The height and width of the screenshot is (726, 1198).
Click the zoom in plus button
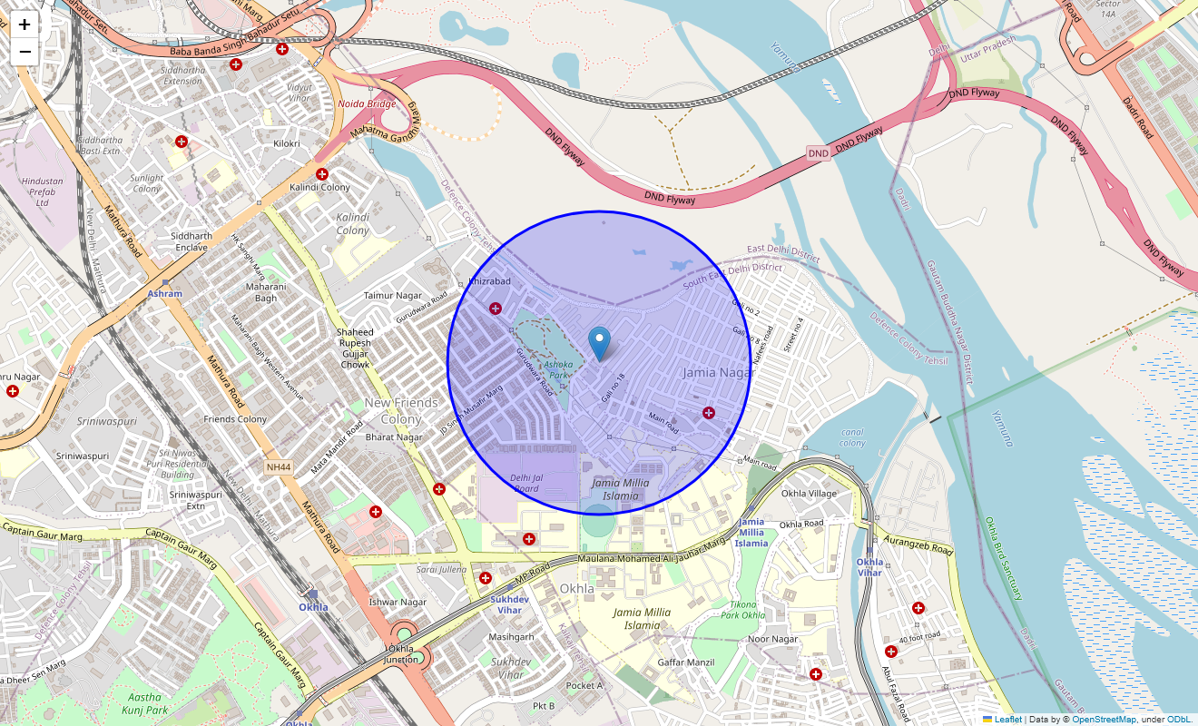pyautogui.click(x=25, y=25)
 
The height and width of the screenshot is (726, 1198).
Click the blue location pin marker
pyautogui.click(x=599, y=344)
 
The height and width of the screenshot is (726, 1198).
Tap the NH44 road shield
pyautogui.click(x=279, y=466)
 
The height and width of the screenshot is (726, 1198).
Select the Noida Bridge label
pyautogui.click(x=367, y=103)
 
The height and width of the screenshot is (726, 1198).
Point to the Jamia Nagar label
pyautogui.click(x=718, y=372)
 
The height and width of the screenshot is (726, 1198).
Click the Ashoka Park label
pyautogui.click(x=559, y=369)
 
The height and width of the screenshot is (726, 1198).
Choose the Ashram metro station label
pyautogui.click(x=165, y=293)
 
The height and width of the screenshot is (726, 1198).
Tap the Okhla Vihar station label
pyautogui.click(x=869, y=566)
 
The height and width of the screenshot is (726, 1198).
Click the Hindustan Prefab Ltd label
pyautogui.click(x=43, y=191)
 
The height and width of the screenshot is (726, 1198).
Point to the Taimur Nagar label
pyautogui.click(x=393, y=296)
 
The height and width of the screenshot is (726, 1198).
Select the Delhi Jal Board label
pyautogui.click(x=526, y=483)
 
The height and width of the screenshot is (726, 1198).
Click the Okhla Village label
pyautogui.click(x=809, y=494)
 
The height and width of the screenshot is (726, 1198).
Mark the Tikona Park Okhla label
pyautogui.click(x=743, y=610)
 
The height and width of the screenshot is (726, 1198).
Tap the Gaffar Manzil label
pyautogui.click(x=686, y=662)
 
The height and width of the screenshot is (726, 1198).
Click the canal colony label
pyautogui.click(x=852, y=437)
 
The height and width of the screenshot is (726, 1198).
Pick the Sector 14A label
pyautogui.click(x=1107, y=10)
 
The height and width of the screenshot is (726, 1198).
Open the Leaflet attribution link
pyautogui.click(x=1007, y=720)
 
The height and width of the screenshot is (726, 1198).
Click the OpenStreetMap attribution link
pyautogui.click(x=1104, y=720)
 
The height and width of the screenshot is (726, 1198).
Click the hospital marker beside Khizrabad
pyautogui.click(x=496, y=309)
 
